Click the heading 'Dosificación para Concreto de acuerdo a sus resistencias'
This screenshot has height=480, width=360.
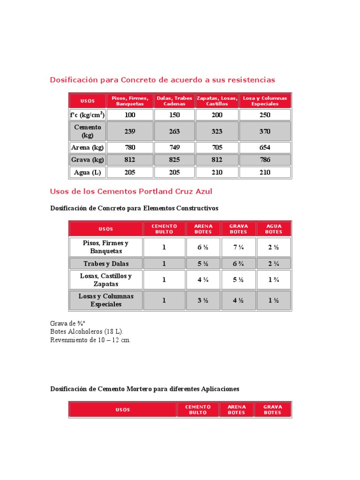click(x=162, y=80)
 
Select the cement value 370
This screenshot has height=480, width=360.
click(x=265, y=131)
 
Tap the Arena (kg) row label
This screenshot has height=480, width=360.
click(x=87, y=148)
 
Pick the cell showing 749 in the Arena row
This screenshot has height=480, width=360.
click(x=174, y=148)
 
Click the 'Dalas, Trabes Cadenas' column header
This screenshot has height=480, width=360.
click(x=174, y=101)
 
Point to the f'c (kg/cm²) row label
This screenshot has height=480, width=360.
click(x=87, y=115)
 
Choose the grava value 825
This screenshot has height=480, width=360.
click(x=174, y=160)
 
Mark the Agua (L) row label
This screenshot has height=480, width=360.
click(x=87, y=172)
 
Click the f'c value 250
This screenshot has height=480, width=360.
click(x=265, y=115)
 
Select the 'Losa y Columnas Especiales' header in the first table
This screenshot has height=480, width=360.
click(x=265, y=101)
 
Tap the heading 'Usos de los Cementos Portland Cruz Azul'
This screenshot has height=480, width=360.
click(x=131, y=191)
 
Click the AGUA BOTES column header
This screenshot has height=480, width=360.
click(x=274, y=229)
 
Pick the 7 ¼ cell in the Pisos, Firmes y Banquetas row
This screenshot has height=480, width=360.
click(x=239, y=247)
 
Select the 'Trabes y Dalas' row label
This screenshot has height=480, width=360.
click(x=106, y=263)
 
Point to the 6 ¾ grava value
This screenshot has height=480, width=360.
click(x=239, y=263)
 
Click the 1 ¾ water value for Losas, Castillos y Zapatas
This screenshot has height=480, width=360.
click(x=274, y=280)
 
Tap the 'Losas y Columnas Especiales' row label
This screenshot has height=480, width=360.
click(x=106, y=300)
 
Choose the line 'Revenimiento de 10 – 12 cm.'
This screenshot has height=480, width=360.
click(x=90, y=340)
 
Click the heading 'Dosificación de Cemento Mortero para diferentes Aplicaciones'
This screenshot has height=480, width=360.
click(x=144, y=389)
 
